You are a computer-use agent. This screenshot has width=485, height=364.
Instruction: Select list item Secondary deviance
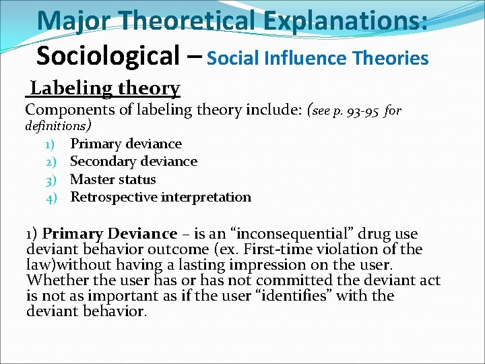pos(133,161)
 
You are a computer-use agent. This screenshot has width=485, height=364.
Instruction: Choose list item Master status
pos(112,179)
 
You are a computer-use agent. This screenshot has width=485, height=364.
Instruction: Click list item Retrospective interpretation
pos(160,198)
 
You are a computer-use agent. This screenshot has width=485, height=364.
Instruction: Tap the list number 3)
pos(53,179)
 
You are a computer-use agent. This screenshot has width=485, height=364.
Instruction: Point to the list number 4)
pos(53,198)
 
